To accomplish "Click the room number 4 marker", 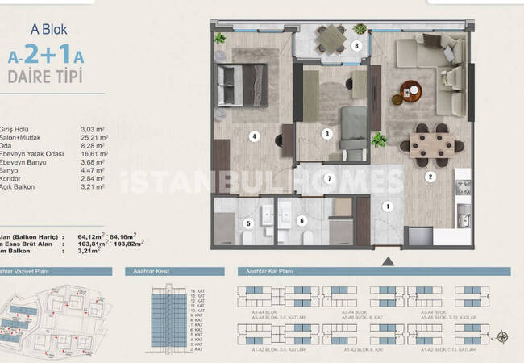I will [254, 136].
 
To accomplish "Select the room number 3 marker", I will [326, 134].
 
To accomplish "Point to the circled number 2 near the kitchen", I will [430, 177].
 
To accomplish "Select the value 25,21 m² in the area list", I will [94, 135].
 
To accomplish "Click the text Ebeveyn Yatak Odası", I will [33, 150].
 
